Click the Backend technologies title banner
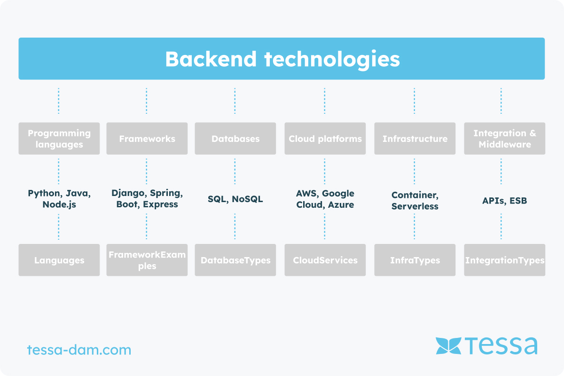[x=282, y=59]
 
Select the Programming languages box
[x=59, y=139]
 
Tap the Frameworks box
[x=147, y=139]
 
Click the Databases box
[x=235, y=139]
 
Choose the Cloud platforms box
[x=325, y=139]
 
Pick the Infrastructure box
[x=415, y=139]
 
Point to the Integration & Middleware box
[x=505, y=139]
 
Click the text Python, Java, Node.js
[x=59, y=199]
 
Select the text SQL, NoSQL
[x=235, y=199]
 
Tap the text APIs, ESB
[x=505, y=201]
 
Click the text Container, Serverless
[x=415, y=201]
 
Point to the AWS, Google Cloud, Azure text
[x=325, y=199]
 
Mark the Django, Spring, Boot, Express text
[x=147, y=198]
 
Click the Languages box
[x=59, y=260]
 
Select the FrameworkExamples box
[x=147, y=260]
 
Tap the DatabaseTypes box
[x=235, y=260]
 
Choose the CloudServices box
[x=325, y=260]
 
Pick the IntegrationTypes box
[x=505, y=260]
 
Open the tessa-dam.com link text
[x=79, y=350]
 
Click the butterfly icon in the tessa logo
[x=448, y=346]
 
